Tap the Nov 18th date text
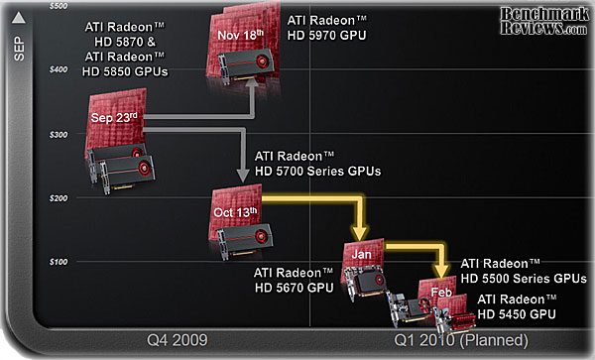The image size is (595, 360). coord(241,36)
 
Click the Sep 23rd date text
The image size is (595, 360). coord(114,116)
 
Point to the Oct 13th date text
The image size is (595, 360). coord(235,211)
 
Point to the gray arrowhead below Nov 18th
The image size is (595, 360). coord(253,82)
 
